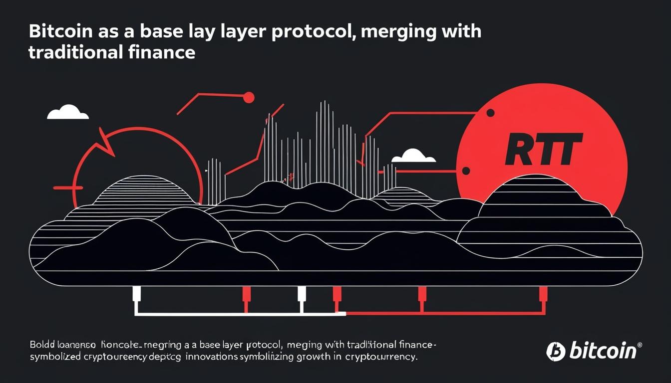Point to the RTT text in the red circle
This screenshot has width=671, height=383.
click(x=544, y=149)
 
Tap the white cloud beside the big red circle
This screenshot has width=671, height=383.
click(x=413, y=156)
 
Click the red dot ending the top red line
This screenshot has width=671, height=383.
click(x=248, y=98)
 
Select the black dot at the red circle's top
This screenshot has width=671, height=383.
click(x=490, y=114)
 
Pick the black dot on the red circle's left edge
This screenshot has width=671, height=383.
click(x=466, y=171)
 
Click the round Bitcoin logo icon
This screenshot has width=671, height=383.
click(x=555, y=351)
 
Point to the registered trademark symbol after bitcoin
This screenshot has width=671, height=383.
click(x=640, y=345)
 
